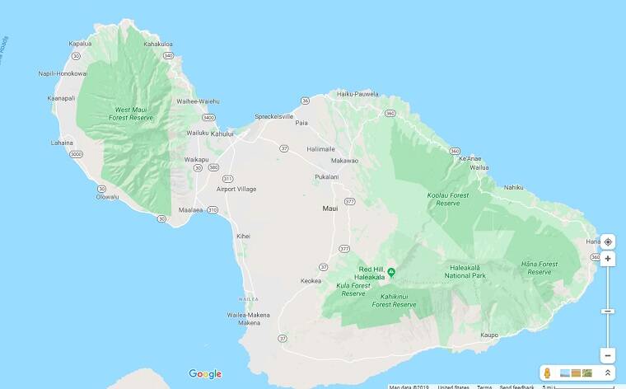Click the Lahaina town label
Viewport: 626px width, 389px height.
pos(62,142)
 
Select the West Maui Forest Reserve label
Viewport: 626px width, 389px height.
pos(133,113)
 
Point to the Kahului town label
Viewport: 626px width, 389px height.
pos(222,133)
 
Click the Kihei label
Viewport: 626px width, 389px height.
pos(243,236)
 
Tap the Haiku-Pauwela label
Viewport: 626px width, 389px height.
pos(356,94)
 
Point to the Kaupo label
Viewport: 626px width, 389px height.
pos(490,335)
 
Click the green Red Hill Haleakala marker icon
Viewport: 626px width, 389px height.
pos(392,272)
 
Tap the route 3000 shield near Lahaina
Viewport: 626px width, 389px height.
pos(77,154)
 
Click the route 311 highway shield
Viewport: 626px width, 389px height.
pos(227,178)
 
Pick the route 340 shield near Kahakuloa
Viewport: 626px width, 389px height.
pos(168,55)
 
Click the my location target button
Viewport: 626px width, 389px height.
pos(608,241)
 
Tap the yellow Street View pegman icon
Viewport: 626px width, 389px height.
pos(547,373)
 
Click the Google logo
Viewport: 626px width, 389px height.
pos(205,374)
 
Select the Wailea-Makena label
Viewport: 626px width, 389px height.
pos(248,314)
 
